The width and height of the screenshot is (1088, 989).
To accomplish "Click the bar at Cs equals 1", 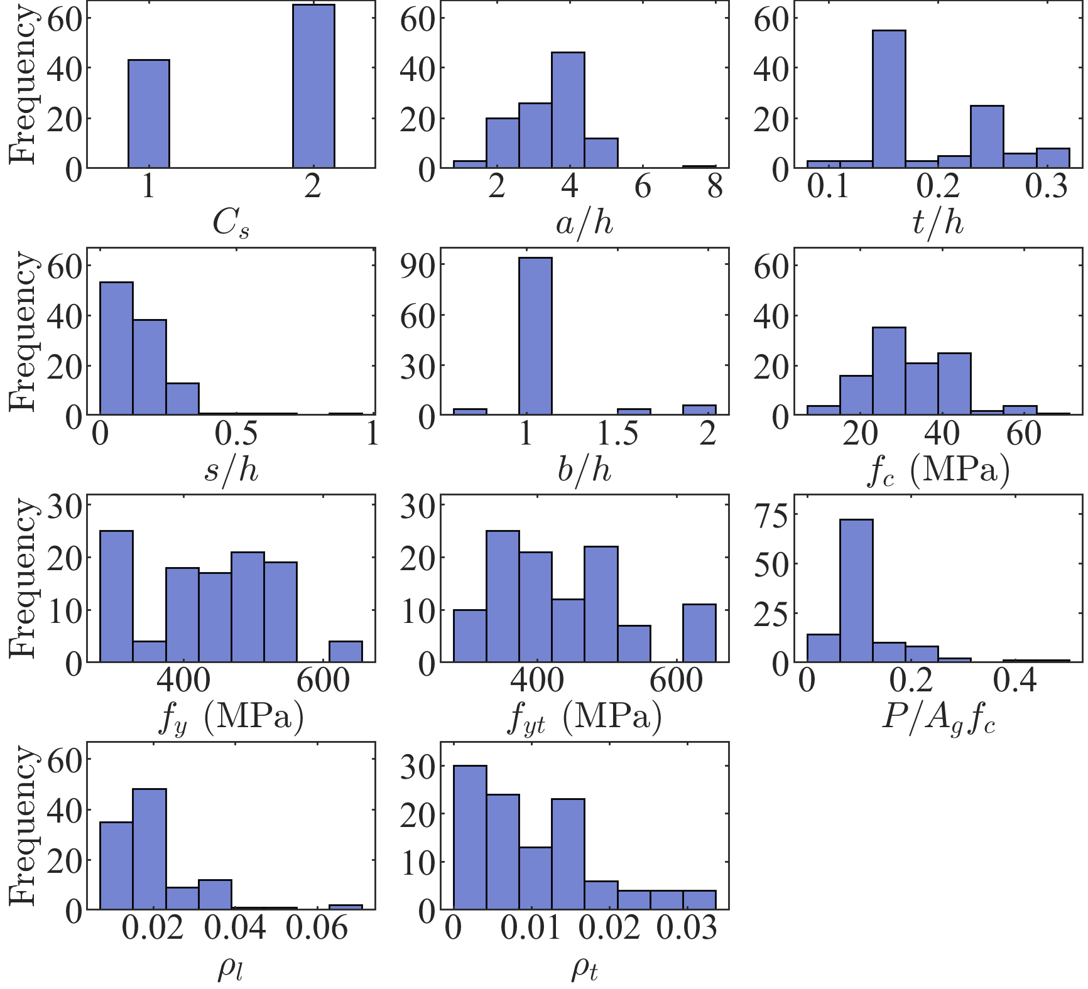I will click(x=148, y=114).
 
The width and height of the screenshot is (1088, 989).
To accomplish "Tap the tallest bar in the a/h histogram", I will click(x=568, y=110).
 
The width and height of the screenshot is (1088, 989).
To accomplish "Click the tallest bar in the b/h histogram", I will click(x=535, y=336).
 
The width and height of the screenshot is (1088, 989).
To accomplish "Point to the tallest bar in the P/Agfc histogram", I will click(x=856, y=590).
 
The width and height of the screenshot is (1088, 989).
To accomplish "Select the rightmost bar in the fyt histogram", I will click(x=699, y=633).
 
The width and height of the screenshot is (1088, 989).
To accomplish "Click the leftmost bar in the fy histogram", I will click(x=116, y=596).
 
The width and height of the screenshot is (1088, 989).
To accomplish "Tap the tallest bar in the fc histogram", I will click(x=889, y=371).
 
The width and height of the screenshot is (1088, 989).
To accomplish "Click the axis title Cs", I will click(x=231, y=224).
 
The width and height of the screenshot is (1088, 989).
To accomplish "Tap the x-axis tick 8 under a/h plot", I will click(x=715, y=186).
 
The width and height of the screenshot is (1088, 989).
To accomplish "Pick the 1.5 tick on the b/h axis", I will click(x=617, y=433).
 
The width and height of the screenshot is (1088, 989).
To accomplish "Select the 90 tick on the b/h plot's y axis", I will click(x=418, y=265).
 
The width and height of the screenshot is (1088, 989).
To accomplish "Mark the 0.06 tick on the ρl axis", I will click(x=317, y=927).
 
